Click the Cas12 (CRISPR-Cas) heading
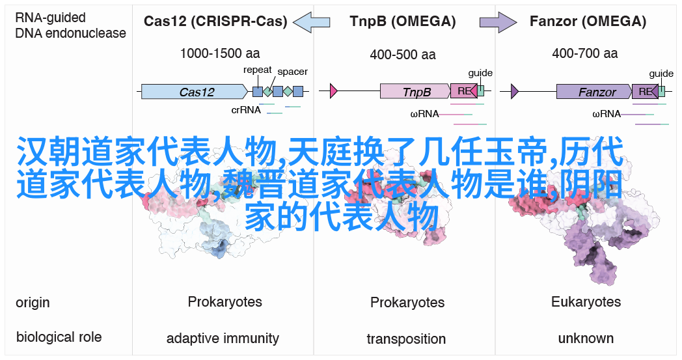[x=215, y=21]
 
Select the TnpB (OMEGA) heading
[x=403, y=21]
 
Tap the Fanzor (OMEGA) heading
[x=588, y=21]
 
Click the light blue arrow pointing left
[x=312, y=21]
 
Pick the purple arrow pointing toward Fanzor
[x=498, y=21]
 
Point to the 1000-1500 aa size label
[x=220, y=53]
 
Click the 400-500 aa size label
[x=403, y=55]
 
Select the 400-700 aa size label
[x=585, y=53]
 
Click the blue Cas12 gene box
[x=195, y=91]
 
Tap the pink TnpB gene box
[x=415, y=91]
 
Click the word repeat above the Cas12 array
[x=258, y=70]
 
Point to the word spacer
[x=292, y=72]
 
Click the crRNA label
[x=246, y=110]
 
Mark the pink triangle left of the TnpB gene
[x=334, y=91]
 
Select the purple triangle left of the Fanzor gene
[x=515, y=91]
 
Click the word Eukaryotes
[x=586, y=301]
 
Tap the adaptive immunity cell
[x=223, y=339]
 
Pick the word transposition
[x=406, y=339]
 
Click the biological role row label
[x=59, y=337]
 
